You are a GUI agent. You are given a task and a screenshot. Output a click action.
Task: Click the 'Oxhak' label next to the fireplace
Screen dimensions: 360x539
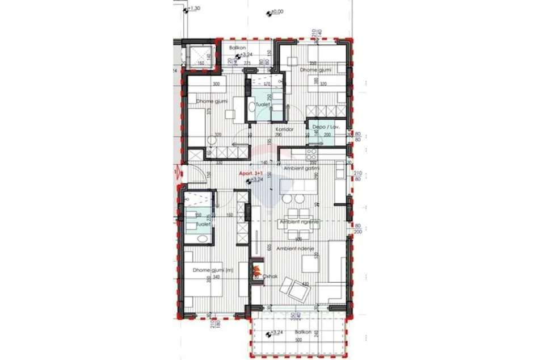[270, 277]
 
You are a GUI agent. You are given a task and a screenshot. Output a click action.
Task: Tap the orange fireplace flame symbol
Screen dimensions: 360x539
[257, 267]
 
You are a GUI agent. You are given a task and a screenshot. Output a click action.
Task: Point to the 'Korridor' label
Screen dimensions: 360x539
[284, 129]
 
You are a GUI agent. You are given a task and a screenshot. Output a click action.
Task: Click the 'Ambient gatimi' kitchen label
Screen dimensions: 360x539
[300, 169]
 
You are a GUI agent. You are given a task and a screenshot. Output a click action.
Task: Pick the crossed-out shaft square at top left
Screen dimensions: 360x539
[200, 56]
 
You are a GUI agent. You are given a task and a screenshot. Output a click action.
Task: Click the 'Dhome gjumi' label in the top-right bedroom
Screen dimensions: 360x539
[320, 70]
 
